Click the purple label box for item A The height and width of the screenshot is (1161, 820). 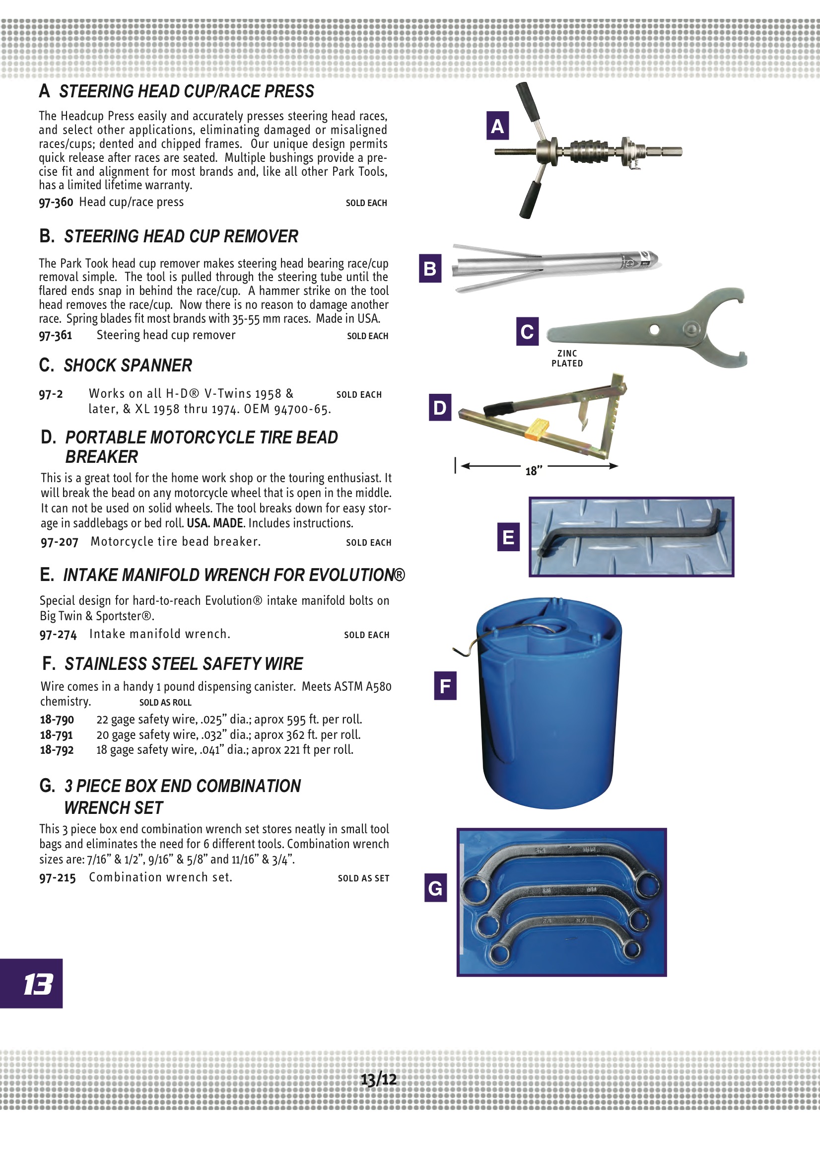pyautogui.click(x=497, y=126)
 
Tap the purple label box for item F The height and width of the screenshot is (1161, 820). pyautogui.click(x=445, y=686)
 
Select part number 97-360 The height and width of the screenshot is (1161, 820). pyautogui.click(x=56, y=202)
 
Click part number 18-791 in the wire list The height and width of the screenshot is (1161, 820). pyautogui.click(x=57, y=734)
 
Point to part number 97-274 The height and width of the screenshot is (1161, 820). pyautogui.click(x=58, y=634)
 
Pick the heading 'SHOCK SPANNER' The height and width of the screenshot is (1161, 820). pyautogui.click(x=128, y=365)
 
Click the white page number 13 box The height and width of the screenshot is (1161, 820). pyautogui.click(x=31, y=984)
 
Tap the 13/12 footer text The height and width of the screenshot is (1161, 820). pyautogui.click(x=379, y=1080)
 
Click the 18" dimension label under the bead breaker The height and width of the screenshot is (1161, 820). pyautogui.click(x=534, y=471)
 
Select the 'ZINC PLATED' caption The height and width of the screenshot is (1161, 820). pyautogui.click(x=567, y=358)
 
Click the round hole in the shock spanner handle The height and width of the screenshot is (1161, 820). pyautogui.click(x=654, y=330)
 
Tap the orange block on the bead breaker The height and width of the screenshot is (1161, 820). pyautogui.click(x=538, y=428)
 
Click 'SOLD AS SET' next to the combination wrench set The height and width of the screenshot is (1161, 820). pyautogui.click(x=363, y=878)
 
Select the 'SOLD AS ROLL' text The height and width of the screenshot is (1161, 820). pyautogui.click(x=165, y=702)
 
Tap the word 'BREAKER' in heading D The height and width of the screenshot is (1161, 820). pyautogui.click(x=102, y=457)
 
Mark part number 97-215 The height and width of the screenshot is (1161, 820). pyautogui.click(x=58, y=877)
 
